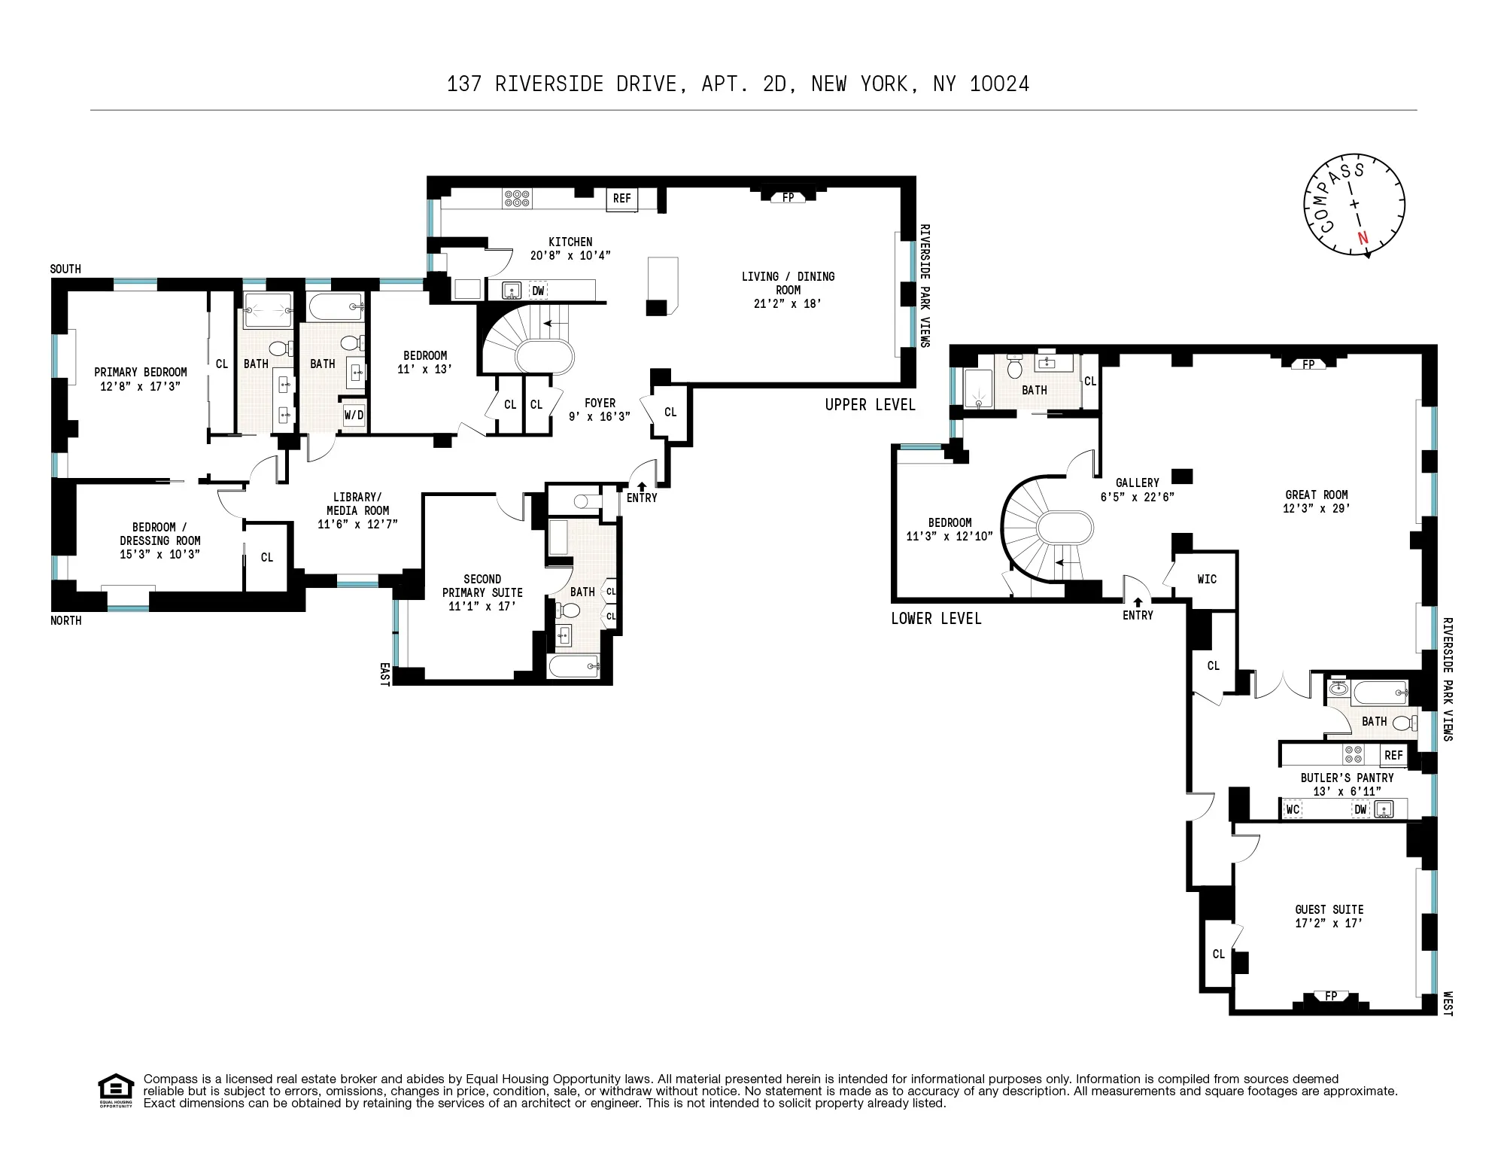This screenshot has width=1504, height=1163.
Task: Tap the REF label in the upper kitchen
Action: pos(621,199)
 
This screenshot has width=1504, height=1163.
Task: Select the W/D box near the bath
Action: pos(354,415)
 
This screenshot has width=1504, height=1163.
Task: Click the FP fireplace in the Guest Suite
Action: pos(1331,996)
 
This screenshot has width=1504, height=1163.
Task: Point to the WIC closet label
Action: pos(1207,579)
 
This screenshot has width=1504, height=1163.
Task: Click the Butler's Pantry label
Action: pos(1347,778)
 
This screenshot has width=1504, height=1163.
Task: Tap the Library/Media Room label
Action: pos(357,504)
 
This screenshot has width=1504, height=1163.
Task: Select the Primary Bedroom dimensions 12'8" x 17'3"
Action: pos(140,386)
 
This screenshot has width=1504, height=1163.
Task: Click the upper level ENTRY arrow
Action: pos(641,487)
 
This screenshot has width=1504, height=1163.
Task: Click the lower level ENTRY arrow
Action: pos(1137,602)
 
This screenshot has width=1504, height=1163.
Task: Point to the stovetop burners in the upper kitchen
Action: pos(517,198)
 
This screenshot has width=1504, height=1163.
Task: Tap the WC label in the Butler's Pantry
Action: pos(1293,810)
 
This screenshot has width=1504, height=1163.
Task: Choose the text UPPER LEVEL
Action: pos(870,405)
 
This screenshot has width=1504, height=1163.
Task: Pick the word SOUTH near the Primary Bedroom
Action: pos(65,269)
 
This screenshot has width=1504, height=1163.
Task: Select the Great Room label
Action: pos(1316,495)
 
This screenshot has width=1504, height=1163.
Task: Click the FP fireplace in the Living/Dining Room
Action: pos(788,197)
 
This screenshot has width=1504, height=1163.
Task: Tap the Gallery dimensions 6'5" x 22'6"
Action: pos(1137,497)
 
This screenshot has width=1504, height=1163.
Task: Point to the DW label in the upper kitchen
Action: pos(538,291)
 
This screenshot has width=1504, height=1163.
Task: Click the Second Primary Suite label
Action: pos(482,586)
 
